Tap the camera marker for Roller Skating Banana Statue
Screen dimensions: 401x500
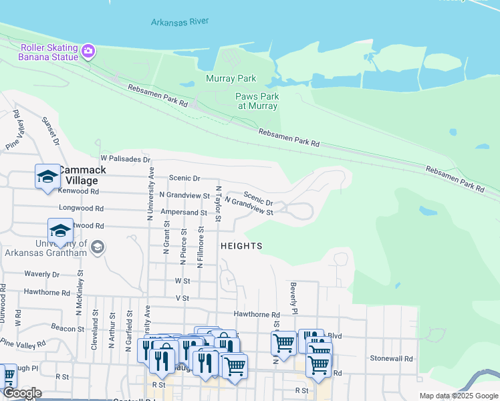(x=88, y=51)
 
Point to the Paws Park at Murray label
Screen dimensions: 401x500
(x=257, y=101)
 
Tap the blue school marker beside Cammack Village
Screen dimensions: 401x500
(x=47, y=177)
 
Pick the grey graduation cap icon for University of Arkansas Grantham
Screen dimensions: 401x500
(x=97, y=247)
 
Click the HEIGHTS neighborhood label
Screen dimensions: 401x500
(x=241, y=246)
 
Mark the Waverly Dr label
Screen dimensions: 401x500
(x=41, y=274)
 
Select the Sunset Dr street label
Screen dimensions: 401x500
(x=51, y=130)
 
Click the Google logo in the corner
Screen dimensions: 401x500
(x=22, y=393)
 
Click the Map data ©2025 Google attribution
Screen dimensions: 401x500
(x=458, y=396)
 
